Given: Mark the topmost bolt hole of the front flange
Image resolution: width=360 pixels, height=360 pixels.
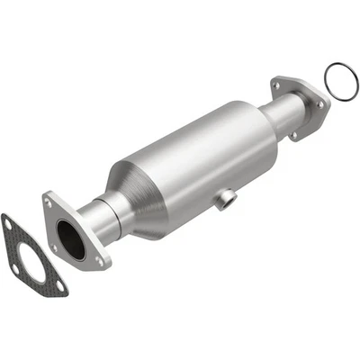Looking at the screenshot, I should [48, 203].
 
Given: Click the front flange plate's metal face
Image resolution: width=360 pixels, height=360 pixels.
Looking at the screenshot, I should [85, 252].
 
